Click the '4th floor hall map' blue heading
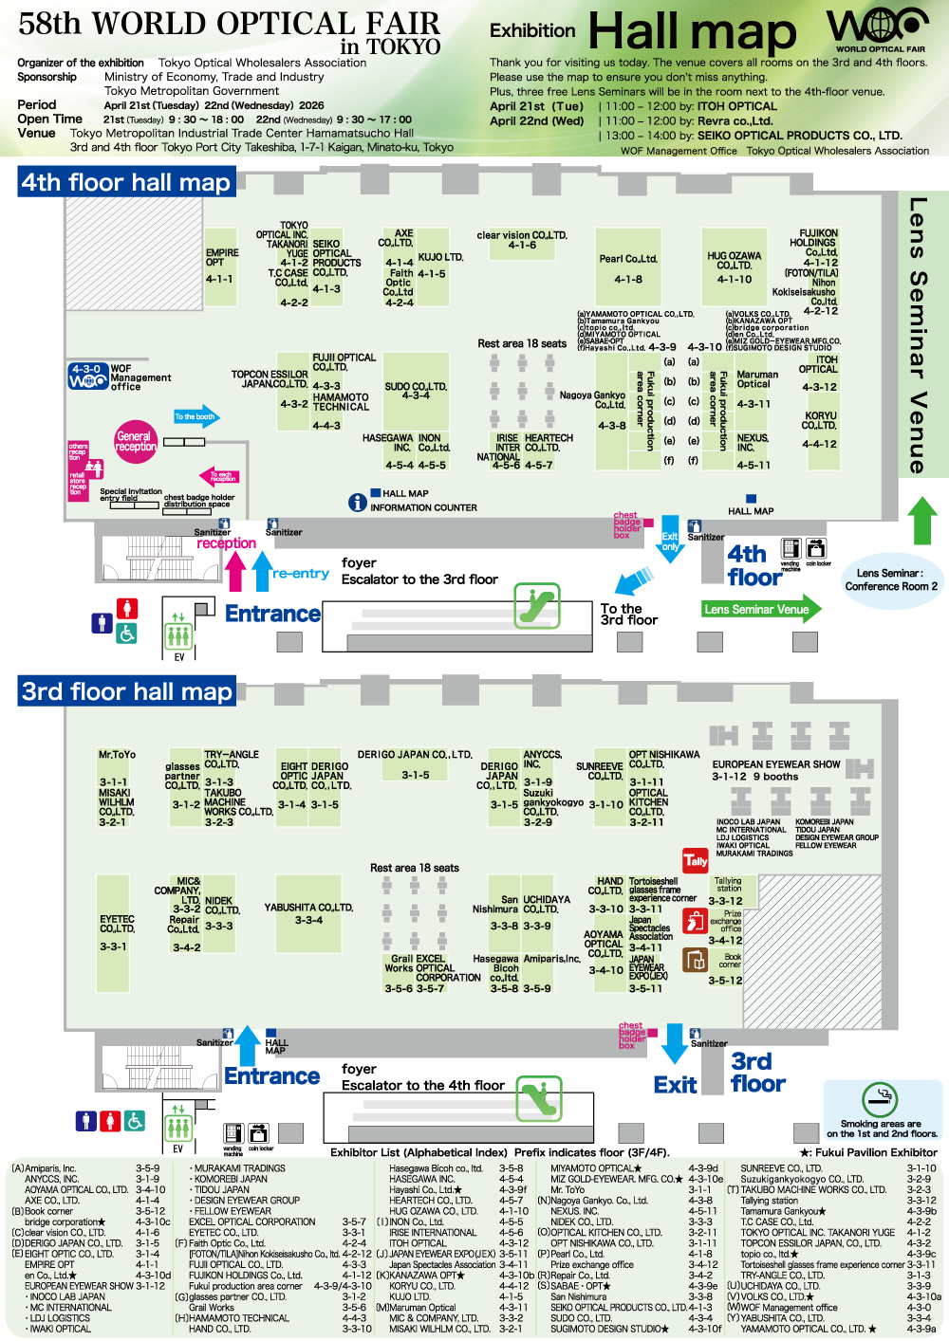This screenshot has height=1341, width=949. pos(126,182)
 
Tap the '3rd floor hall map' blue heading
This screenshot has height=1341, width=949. pos(127,691)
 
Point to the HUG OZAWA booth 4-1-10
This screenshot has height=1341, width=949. pos(734,266)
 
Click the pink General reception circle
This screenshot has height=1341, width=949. pos(135,441)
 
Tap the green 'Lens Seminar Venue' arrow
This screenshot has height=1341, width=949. pos(760,609)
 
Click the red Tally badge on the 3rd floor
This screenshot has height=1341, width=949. pos(696,861)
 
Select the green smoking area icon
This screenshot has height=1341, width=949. pos(880,1099)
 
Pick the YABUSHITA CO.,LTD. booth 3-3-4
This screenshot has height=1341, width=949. pos(307,913)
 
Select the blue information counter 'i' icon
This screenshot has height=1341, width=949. pos(357,502)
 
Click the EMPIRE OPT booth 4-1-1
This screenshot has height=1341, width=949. pos(221,266)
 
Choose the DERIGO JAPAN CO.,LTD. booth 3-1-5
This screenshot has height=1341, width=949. pos(414,764)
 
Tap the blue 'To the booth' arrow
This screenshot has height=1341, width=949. pos(195,416)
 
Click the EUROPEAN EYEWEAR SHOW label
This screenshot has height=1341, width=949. pos(775,764)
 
